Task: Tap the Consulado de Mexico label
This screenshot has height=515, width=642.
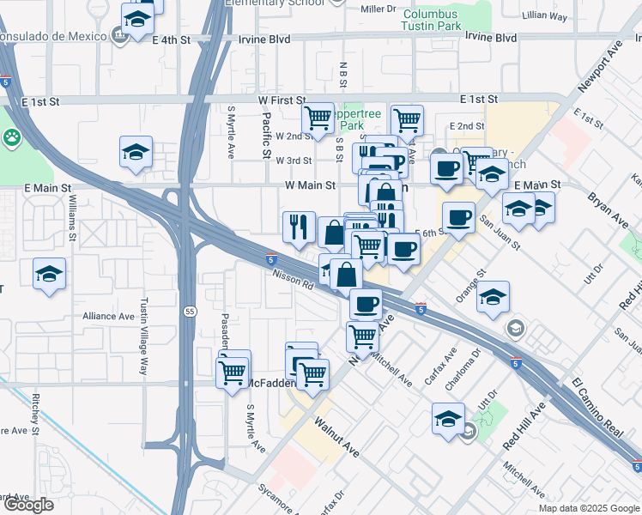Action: tap(53, 38)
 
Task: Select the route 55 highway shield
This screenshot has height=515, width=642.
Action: tap(187, 311)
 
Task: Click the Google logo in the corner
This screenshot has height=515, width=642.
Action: tap(28, 505)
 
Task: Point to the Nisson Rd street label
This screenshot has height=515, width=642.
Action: tap(292, 281)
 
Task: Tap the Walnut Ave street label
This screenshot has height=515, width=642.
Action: tap(336, 435)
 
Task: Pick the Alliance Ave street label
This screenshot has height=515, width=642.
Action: tap(108, 316)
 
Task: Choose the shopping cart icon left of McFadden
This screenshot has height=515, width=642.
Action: tap(233, 372)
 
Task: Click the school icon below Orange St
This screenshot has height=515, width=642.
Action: tap(493, 298)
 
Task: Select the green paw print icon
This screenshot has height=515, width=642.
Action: tap(11, 137)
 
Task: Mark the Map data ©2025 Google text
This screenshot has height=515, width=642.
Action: tap(589, 508)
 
